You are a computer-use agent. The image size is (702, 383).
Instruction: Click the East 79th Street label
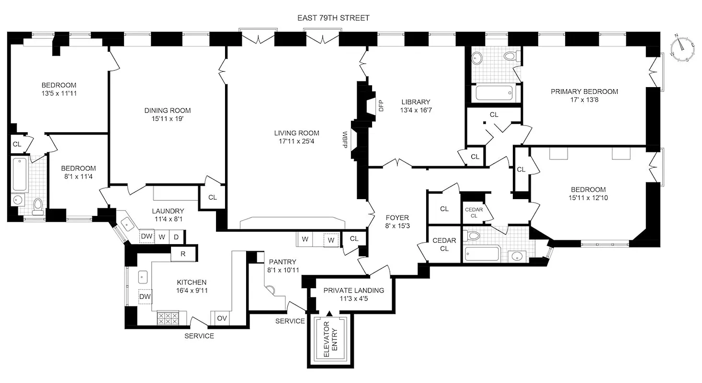(333, 18)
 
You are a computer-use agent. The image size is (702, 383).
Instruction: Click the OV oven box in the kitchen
(222, 318)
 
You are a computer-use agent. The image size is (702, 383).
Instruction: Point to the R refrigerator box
(183, 254)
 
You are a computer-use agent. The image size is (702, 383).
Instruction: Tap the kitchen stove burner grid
(168, 318)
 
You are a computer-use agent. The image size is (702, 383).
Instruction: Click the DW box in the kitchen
(145, 297)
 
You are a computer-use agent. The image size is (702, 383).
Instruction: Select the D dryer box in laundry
(176, 237)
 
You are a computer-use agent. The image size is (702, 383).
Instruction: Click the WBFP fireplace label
(344, 139)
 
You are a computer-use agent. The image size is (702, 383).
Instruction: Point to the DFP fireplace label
(382, 105)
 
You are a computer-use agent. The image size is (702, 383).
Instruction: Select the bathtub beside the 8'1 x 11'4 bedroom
(20, 174)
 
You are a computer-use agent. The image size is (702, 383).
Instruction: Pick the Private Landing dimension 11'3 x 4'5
(353, 299)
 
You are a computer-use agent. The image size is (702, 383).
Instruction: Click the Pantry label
(282, 262)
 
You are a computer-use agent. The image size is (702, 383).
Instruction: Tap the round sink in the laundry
(127, 223)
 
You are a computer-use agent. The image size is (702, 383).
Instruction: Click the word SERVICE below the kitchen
(199, 336)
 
